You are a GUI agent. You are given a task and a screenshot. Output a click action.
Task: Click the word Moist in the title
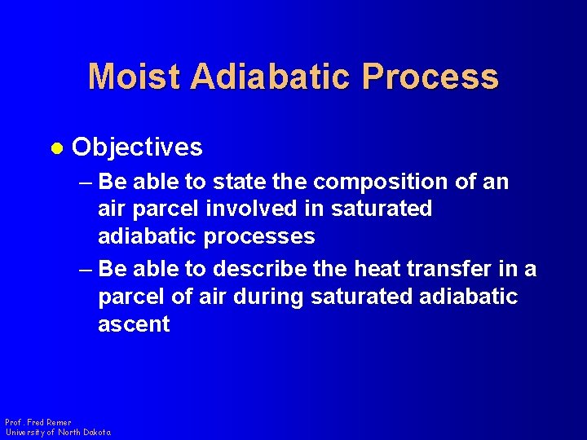click(135, 77)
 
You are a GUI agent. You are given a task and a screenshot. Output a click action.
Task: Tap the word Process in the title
click(430, 77)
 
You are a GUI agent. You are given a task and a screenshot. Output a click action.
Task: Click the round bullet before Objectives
click(56, 148)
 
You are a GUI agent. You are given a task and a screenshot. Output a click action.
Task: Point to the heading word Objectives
click(137, 147)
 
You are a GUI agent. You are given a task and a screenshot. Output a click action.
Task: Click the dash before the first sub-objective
click(84, 182)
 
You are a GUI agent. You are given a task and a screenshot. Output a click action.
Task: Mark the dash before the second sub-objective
click(84, 268)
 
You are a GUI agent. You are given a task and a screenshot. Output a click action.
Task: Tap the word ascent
click(134, 324)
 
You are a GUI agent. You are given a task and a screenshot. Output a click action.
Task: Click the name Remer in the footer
click(59, 423)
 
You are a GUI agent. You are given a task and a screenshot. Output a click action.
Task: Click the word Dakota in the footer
click(96, 432)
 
